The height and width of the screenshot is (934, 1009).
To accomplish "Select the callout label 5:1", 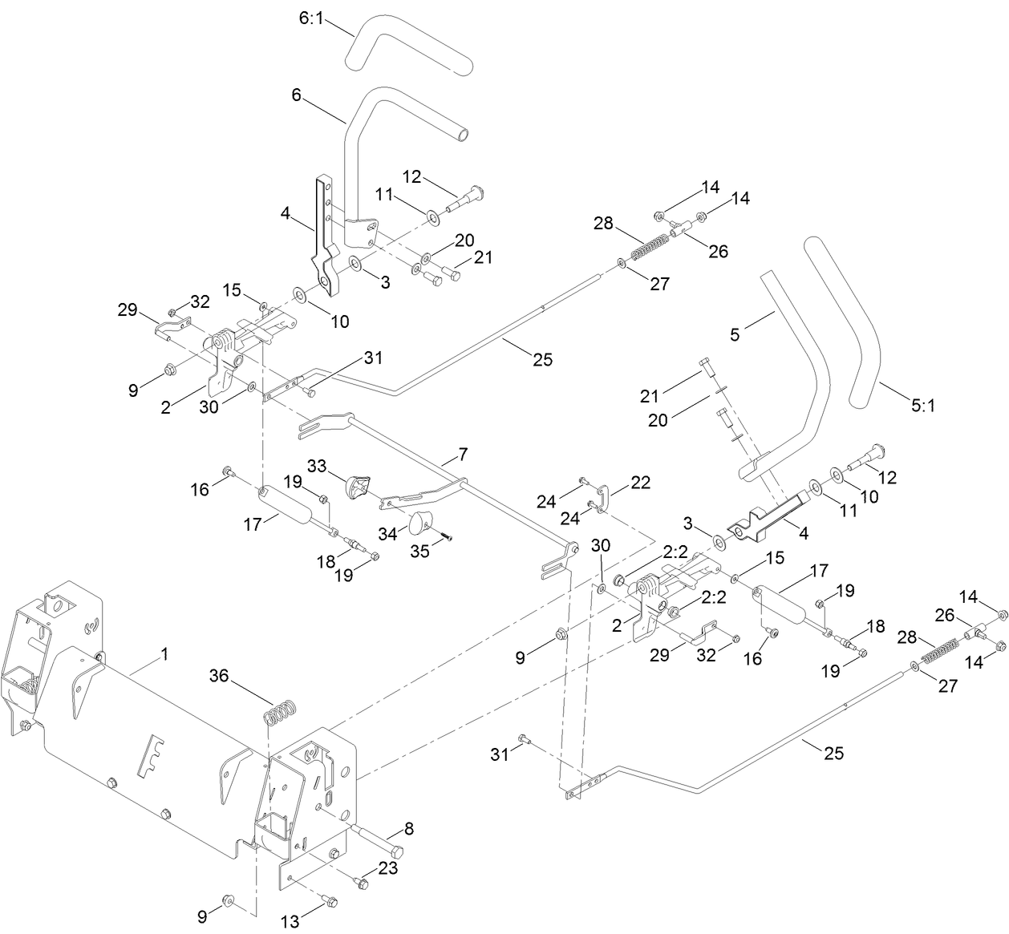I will (923, 406).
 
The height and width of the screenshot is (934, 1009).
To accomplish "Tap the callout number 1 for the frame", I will (164, 655).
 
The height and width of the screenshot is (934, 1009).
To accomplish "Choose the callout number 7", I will (463, 455).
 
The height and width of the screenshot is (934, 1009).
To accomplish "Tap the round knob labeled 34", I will (419, 524).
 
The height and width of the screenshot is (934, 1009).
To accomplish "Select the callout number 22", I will (641, 483).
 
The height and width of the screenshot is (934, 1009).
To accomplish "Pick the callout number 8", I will (408, 828).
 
